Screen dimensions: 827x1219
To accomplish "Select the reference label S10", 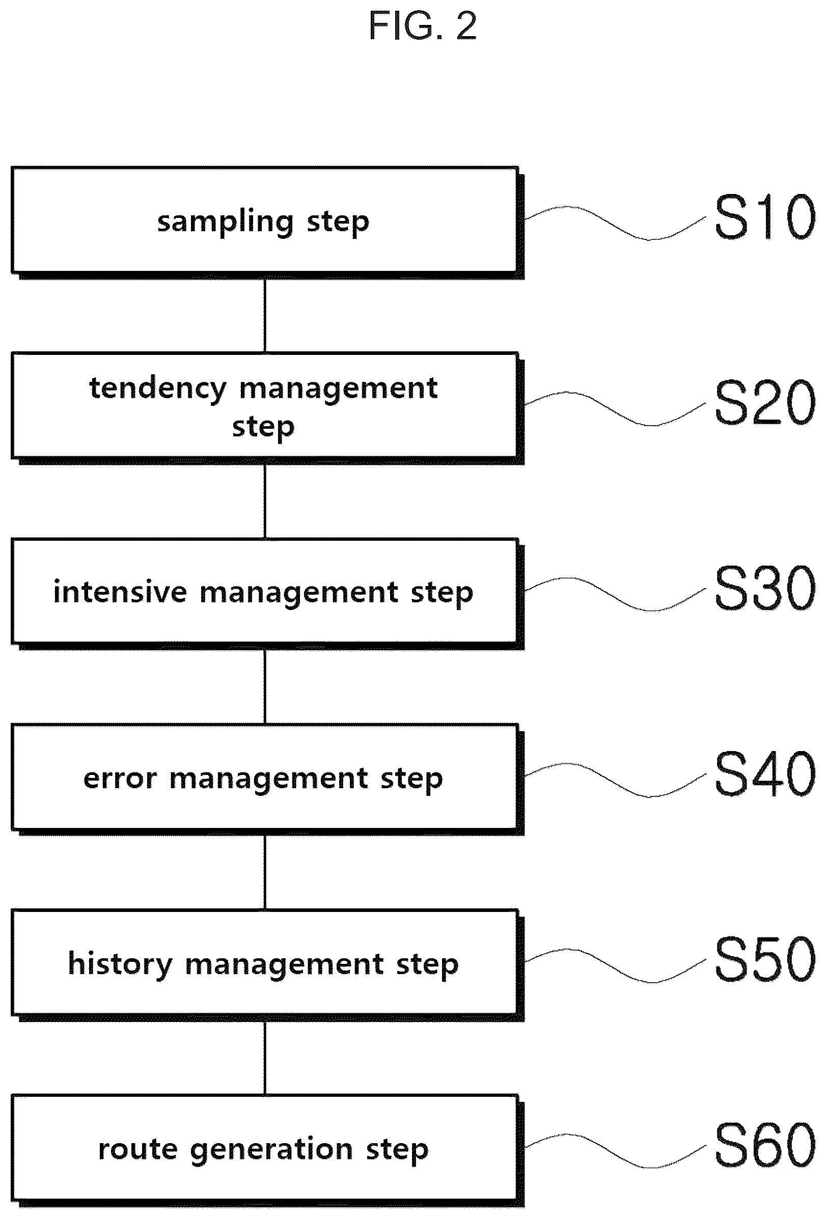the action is click(x=765, y=216).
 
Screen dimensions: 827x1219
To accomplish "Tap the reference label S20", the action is click(x=765, y=402).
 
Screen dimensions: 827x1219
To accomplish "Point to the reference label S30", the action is click(x=765, y=588).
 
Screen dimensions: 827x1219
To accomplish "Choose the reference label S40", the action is click(x=765, y=773).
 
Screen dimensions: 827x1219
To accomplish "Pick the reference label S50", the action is click(x=765, y=959).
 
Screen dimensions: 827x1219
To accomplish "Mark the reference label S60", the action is click(x=765, y=1145).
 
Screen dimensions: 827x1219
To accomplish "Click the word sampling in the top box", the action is click(x=225, y=223).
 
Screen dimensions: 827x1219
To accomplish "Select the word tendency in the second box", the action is click(x=158, y=389).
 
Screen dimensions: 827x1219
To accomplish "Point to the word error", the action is click(x=120, y=779).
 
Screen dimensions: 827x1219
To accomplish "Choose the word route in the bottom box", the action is click(x=138, y=1150).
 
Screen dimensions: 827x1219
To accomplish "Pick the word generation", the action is click(x=271, y=1151).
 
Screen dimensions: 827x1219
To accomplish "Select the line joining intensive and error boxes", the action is click(x=265, y=687).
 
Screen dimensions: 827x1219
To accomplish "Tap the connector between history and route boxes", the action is click(x=265, y=1059).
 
